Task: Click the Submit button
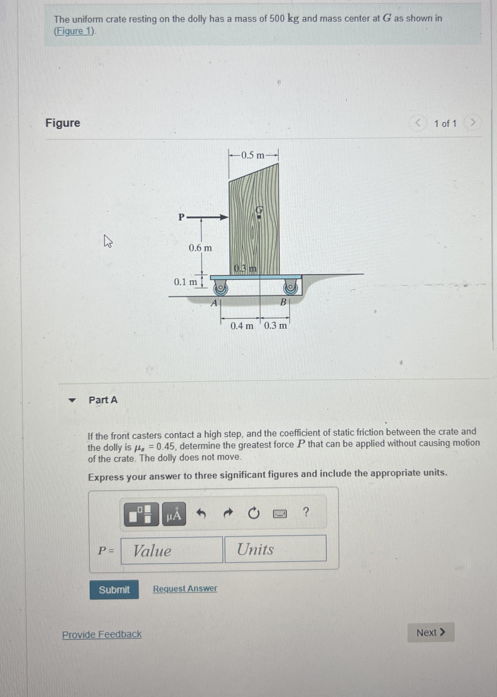coord(114,589)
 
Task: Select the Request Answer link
coord(185,588)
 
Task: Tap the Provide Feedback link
coord(102,634)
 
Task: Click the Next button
coord(431,632)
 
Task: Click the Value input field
coord(172,550)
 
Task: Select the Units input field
coord(276,548)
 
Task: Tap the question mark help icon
coord(305,512)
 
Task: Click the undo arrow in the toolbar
coord(200,513)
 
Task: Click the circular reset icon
coord(253,513)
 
